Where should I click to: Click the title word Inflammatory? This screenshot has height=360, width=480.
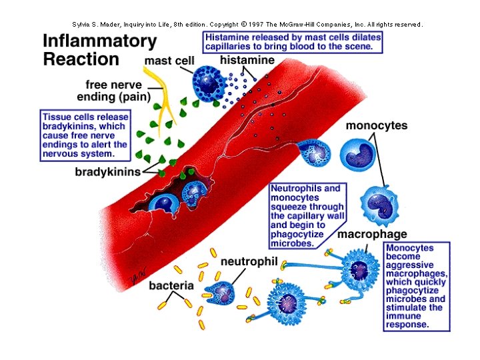99,40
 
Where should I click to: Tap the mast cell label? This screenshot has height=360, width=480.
169,61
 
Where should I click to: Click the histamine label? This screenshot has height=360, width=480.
248,61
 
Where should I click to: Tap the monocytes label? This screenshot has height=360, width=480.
377,125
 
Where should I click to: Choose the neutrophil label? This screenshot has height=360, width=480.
248,262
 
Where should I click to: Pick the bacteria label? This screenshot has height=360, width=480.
171,286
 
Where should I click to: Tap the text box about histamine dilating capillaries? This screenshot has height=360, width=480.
294,42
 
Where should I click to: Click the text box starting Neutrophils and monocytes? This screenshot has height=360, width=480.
304,216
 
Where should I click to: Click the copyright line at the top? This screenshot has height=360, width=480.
247,24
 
